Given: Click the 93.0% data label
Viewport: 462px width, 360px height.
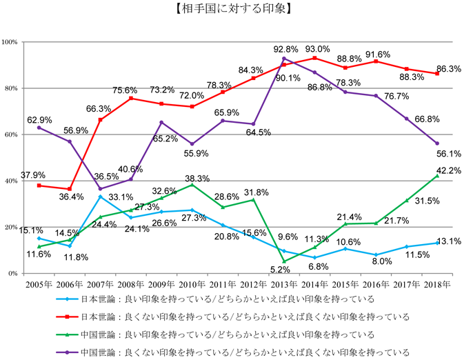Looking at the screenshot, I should (317, 49).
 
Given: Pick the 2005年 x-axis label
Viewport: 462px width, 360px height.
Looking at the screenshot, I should (39, 284).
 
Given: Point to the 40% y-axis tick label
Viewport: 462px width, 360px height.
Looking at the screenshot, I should (12, 181).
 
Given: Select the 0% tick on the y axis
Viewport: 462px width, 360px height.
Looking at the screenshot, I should (14, 274).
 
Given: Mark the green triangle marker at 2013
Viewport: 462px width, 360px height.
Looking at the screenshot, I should (284, 261).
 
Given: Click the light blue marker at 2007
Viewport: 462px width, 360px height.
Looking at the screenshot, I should (101, 197).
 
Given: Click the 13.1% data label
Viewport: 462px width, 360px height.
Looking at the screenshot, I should (448, 241).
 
